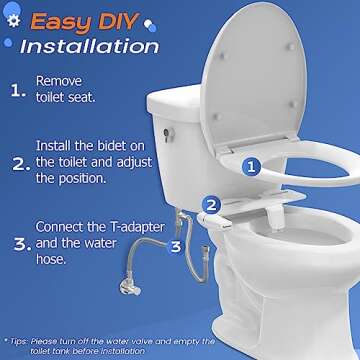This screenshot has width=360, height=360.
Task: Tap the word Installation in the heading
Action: [89, 47]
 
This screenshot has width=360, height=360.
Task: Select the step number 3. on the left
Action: [19, 243]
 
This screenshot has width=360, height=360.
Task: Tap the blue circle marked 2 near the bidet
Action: [211, 205]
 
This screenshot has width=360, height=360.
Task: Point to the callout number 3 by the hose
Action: [176, 244]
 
